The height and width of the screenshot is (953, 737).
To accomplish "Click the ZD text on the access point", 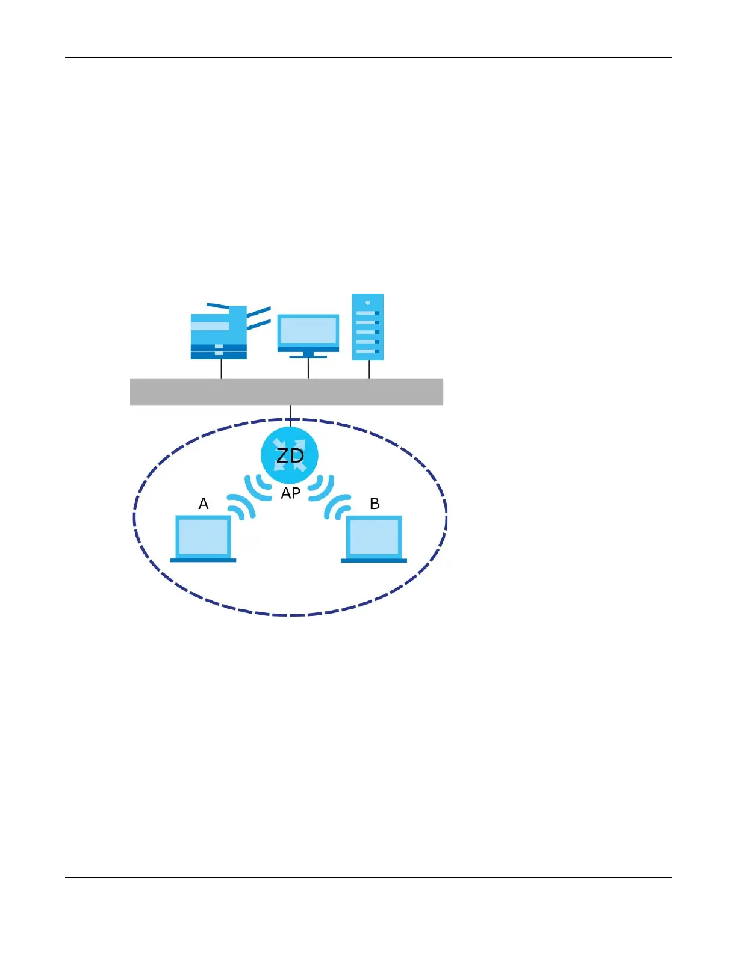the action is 290,455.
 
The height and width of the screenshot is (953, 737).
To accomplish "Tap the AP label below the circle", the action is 291,493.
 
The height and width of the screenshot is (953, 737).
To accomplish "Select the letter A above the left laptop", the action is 204,504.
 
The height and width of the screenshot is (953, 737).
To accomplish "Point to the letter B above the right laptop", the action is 375,504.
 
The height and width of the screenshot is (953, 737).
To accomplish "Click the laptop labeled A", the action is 203,538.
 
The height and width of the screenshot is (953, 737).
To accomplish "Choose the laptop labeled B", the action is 374,538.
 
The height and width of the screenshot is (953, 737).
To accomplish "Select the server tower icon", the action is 368,327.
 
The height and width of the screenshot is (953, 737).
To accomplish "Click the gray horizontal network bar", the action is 287,392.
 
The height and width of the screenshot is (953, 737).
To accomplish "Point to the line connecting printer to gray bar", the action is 222,369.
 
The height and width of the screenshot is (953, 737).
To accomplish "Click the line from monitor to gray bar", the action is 308,368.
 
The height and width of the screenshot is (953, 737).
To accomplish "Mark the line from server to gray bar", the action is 369,369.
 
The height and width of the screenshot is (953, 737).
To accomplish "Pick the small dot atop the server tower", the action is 368,303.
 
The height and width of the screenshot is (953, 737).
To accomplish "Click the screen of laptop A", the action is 203,536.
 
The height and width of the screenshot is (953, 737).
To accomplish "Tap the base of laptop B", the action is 374,560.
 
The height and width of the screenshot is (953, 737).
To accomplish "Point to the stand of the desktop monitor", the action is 308,354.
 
